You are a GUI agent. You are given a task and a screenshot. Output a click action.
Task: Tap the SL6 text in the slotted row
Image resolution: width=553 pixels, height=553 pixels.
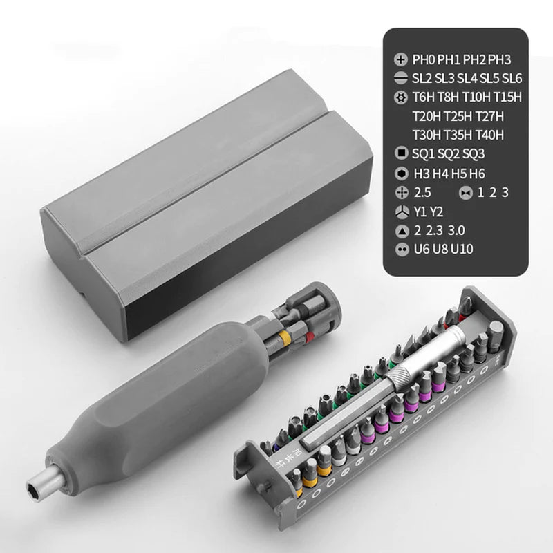coord(514,79)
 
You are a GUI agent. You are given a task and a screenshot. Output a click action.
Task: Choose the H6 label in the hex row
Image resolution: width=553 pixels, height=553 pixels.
coord(477,173)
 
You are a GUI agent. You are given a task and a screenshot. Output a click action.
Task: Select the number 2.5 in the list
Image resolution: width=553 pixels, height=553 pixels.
coord(422,191)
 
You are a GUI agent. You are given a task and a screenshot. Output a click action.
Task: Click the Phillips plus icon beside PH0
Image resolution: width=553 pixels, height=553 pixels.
coord(400,60)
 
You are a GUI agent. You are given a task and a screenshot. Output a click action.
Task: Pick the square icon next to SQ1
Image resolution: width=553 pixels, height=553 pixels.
coord(400,153)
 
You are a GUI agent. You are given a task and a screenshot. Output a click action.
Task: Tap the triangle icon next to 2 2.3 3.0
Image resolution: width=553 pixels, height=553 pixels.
coord(400,230)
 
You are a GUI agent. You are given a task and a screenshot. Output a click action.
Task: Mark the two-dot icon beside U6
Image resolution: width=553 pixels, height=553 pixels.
coord(400,249)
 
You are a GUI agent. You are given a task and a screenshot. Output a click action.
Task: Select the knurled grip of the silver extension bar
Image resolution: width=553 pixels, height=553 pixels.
coord(402,377)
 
